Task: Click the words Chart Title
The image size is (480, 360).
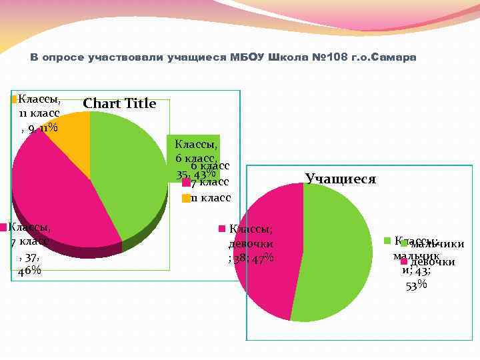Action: pyautogui.click(x=119, y=103)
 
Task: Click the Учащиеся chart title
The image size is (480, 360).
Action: pyautogui.click(x=340, y=179)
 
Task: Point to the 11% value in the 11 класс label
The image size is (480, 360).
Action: pyautogui.click(x=47, y=129)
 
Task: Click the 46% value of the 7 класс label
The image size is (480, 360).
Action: pyautogui.click(x=29, y=270)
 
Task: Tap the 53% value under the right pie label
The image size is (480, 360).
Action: pyautogui.click(x=417, y=285)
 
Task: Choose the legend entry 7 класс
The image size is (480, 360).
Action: pyautogui.click(x=209, y=183)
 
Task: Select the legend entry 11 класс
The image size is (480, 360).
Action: pyautogui.click(x=210, y=198)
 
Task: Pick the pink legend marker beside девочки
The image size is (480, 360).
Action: pyautogui.click(x=403, y=261)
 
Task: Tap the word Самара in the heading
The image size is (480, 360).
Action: pyautogui.click(x=395, y=58)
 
